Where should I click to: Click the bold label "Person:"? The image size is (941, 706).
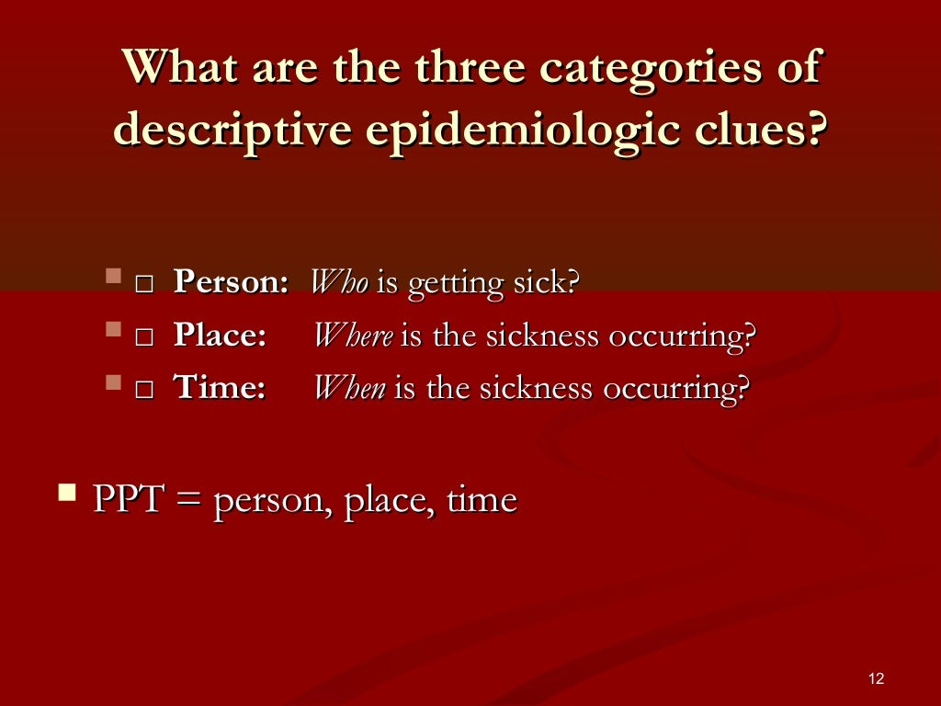point(232,282)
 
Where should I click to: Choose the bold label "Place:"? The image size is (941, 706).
point(220,336)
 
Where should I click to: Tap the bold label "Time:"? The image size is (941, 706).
point(220,388)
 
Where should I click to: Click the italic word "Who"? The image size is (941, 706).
point(339,282)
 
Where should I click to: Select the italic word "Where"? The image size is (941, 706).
point(354,336)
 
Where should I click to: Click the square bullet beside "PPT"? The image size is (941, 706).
point(66,493)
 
